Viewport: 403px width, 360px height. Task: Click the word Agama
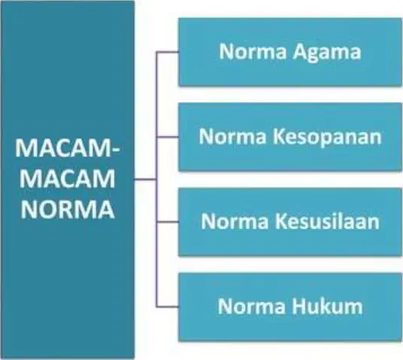click(x=327, y=53)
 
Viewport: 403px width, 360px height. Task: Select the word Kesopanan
click(x=327, y=137)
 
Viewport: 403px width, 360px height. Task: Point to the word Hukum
click(x=327, y=306)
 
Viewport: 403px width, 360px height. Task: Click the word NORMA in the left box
click(x=67, y=209)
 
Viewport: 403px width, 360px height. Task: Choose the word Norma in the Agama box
click(x=252, y=51)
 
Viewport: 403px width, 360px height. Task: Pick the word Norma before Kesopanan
click(x=233, y=136)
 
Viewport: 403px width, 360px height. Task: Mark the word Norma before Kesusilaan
click(x=235, y=221)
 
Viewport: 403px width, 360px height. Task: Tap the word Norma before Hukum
click(x=252, y=306)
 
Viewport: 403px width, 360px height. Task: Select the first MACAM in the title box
click(x=63, y=148)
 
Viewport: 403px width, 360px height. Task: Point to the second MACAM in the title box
click(x=67, y=179)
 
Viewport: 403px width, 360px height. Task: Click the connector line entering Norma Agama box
click(x=167, y=52)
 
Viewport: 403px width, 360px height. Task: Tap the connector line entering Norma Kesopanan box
click(x=167, y=137)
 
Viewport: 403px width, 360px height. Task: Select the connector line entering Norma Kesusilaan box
click(x=167, y=221)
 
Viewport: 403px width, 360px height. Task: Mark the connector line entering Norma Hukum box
click(x=167, y=307)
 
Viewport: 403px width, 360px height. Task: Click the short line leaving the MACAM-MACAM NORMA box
click(x=145, y=179)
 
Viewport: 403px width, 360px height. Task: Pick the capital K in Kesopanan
click(x=279, y=136)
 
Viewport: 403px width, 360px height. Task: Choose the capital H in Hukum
click(x=299, y=306)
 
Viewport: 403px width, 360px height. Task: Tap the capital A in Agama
click(x=301, y=51)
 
